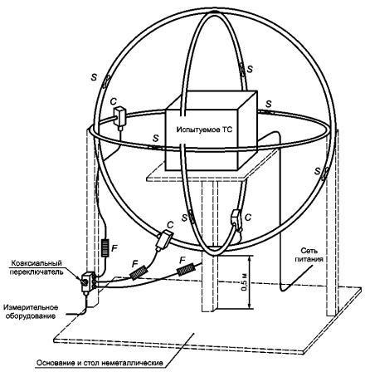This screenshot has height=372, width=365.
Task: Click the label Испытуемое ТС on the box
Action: click(205, 130)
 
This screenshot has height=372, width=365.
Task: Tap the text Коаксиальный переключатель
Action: click(36, 267)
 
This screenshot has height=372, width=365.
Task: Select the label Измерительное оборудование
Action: click(31, 311)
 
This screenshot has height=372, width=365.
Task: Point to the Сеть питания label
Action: click(309, 255)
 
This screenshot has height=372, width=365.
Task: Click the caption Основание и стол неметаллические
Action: click(100, 363)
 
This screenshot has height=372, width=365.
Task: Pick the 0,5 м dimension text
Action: click(245, 282)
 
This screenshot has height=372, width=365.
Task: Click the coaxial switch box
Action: click(89, 281)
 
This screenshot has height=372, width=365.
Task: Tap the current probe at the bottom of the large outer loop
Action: click(164, 238)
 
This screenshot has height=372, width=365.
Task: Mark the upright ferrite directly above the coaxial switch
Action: click(105, 247)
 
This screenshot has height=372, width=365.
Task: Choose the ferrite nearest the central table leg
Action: click(185, 269)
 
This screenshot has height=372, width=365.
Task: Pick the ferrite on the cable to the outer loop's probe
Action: click(139, 272)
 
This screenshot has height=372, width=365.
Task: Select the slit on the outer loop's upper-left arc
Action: click(105, 82)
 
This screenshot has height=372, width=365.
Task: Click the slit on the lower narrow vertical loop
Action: click(192, 217)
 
